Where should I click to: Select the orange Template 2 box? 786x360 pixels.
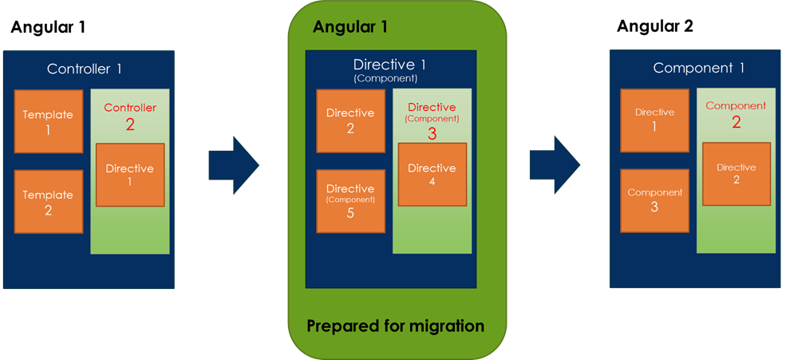pyautogui.click(x=48, y=200)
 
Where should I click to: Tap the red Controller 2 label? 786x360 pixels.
pyautogui.click(x=130, y=116)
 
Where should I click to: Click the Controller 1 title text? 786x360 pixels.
pyautogui.click(x=85, y=69)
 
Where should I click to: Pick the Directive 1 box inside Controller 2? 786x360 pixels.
pyautogui.click(x=130, y=175)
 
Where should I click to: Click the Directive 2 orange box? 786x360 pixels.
pyautogui.click(x=350, y=121)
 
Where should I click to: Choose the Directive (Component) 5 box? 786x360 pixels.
pyautogui.click(x=350, y=201)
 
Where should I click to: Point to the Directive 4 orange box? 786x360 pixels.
pyautogui.click(x=432, y=174)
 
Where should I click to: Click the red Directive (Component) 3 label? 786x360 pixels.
pyautogui.click(x=432, y=120)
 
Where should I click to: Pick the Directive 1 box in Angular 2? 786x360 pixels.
pyautogui.click(x=654, y=120)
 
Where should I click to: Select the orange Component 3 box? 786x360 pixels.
pyautogui.click(x=654, y=200)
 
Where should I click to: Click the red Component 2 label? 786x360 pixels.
pyautogui.click(x=736, y=114)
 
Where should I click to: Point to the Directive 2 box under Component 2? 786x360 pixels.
pyautogui.click(x=736, y=173)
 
